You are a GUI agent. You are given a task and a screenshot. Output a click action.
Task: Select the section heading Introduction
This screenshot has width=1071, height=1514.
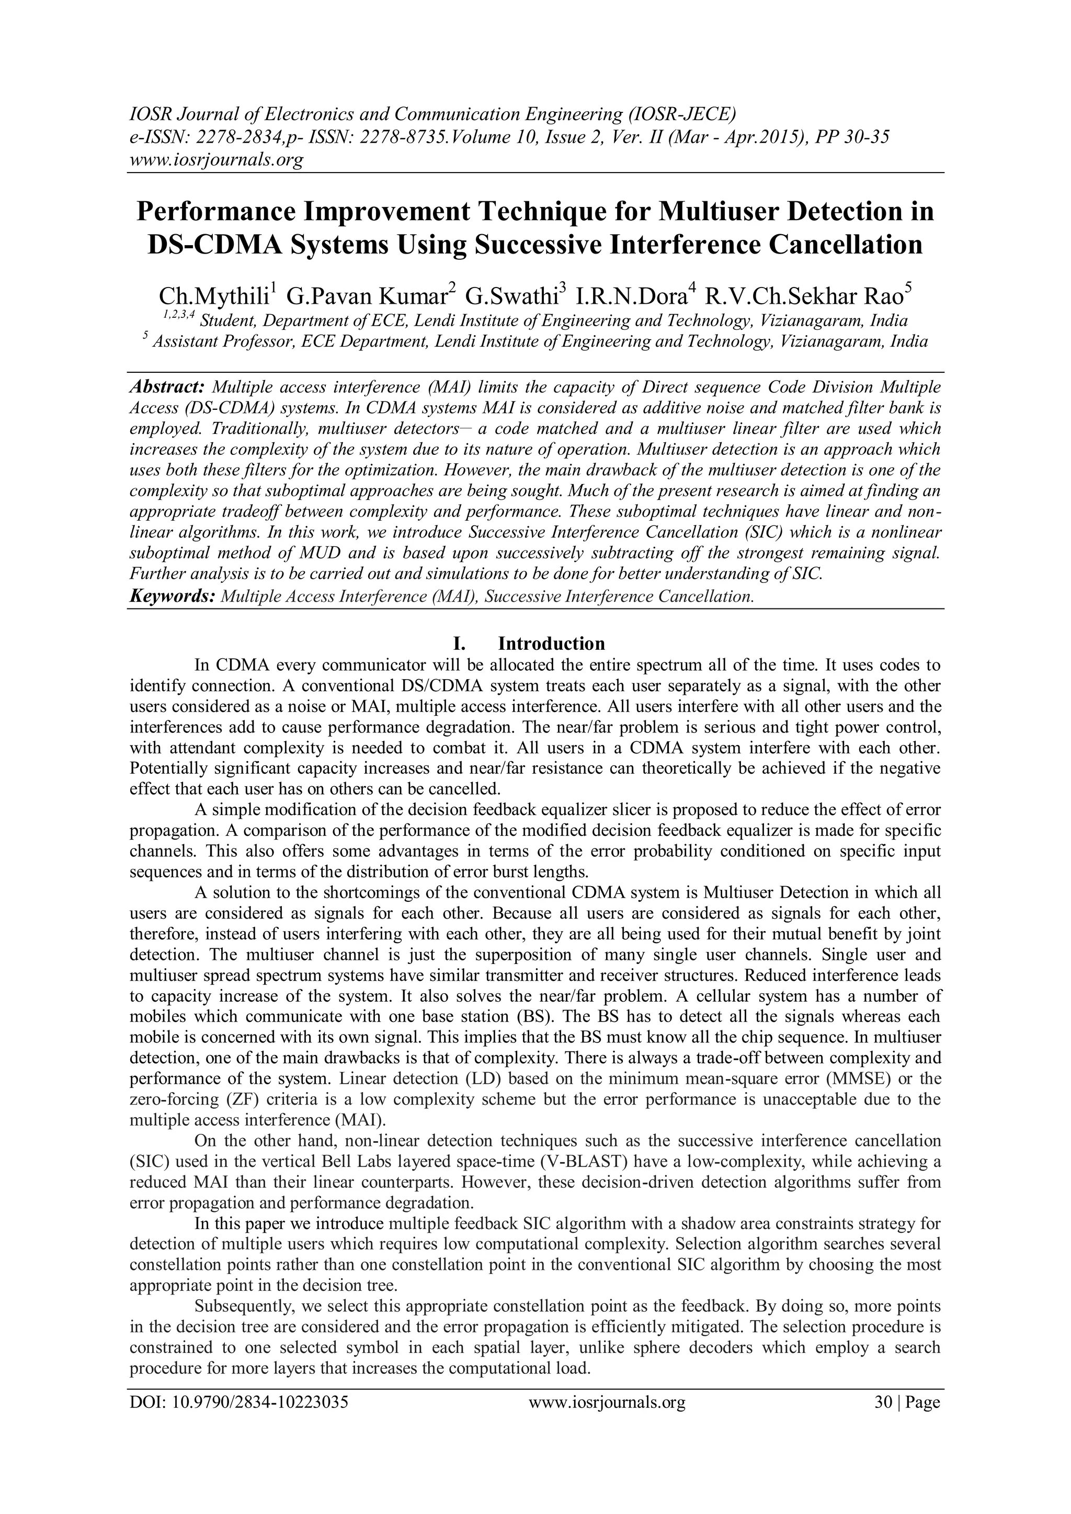click(x=551, y=643)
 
